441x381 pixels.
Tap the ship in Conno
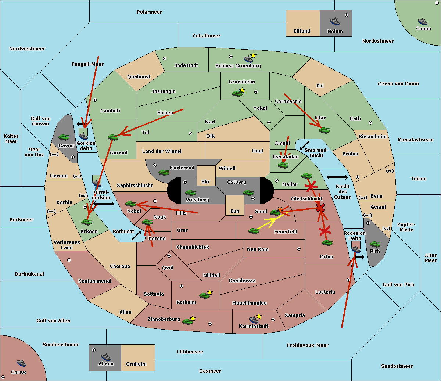[423, 21]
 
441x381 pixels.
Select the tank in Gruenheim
[237, 93]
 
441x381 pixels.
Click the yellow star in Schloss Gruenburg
[253, 55]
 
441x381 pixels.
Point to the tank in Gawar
[64, 137]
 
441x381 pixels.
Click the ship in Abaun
[105, 357]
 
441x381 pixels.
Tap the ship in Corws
[21, 362]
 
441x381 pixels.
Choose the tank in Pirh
[375, 244]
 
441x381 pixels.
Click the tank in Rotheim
[204, 295]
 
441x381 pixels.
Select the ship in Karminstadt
[254, 319]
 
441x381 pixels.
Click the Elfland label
[302, 31]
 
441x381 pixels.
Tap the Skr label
[206, 181]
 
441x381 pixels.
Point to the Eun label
[235, 211]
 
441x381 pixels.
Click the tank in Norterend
[164, 172]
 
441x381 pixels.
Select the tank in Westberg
[190, 193]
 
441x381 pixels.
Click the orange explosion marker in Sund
[280, 209]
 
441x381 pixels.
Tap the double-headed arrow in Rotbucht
[136, 236]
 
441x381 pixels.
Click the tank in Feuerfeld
[254, 231]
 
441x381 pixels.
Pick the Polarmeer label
[149, 12]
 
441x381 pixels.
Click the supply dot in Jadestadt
[165, 58]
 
